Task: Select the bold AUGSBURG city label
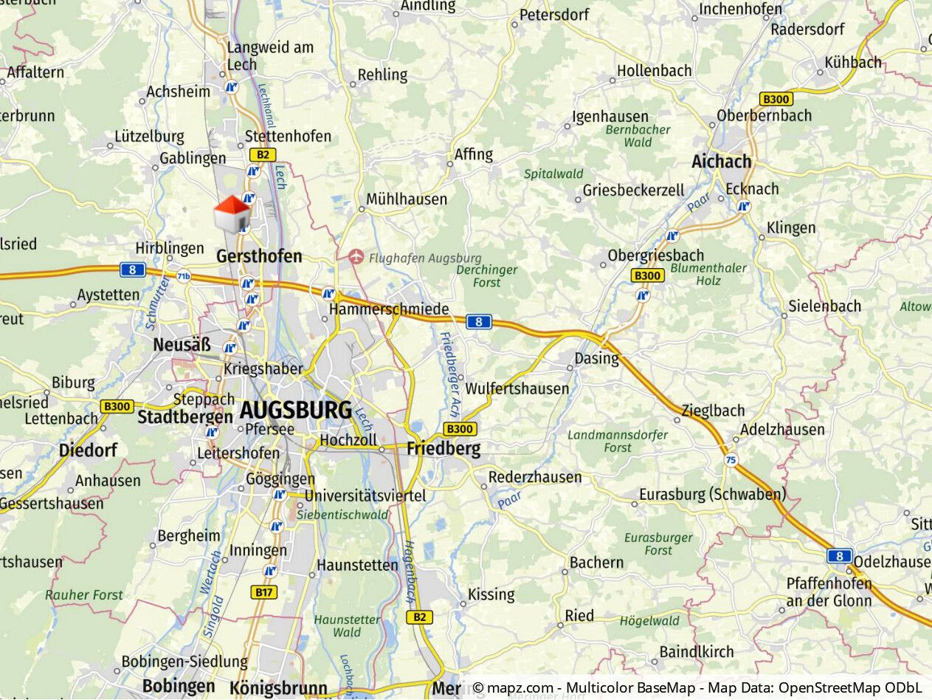(x=296, y=410)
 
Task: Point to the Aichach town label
(x=721, y=161)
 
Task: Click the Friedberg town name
(x=443, y=448)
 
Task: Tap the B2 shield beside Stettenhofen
(x=262, y=155)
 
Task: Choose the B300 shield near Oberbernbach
(x=776, y=99)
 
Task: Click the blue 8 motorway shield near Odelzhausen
(x=840, y=556)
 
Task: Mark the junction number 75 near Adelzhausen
(x=731, y=460)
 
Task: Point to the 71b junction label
(x=184, y=277)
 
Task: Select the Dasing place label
(x=597, y=358)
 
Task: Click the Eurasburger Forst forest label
(x=658, y=543)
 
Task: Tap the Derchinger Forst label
(x=487, y=276)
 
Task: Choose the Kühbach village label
(x=853, y=62)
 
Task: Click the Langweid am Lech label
(x=270, y=55)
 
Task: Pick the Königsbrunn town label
(x=278, y=687)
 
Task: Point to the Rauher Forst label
(x=84, y=594)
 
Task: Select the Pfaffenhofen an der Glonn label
(x=829, y=592)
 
